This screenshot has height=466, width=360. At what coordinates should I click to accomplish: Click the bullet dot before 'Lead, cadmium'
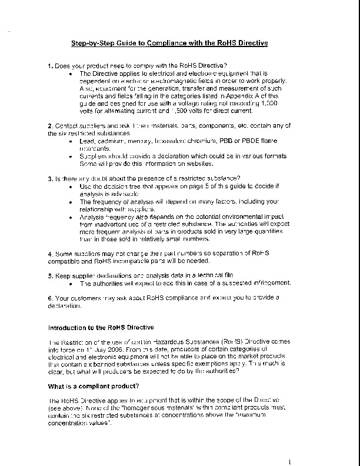coord(71,142)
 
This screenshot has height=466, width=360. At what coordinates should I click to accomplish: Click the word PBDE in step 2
coord(247,142)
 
